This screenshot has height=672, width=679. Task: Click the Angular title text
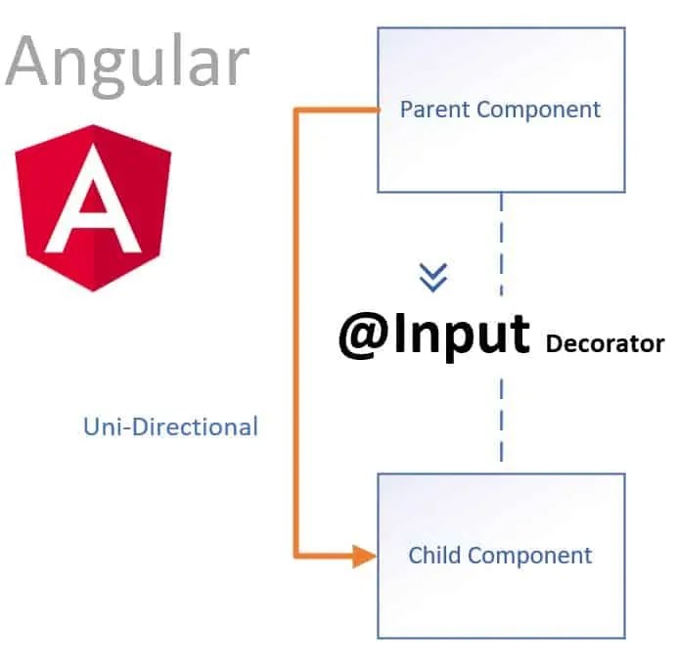coord(127,61)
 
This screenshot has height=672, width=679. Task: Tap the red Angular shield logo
coord(94,207)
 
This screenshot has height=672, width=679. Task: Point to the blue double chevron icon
coord(432,278)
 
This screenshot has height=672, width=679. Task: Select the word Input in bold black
coord(463,336)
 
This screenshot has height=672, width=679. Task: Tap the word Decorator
coord(605,344)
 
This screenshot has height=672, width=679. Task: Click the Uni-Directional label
coord(170,426)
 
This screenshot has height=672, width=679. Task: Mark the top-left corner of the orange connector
coord(296,111)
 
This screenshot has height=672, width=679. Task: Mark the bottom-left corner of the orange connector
coord(296,557)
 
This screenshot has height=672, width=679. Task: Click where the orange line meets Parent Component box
coord(378,111)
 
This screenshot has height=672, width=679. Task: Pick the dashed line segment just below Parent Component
coord(502,211)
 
